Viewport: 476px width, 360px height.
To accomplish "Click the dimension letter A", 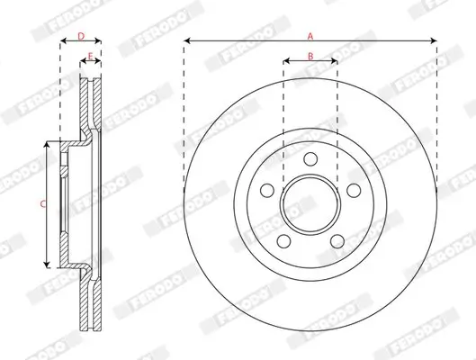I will (310, 36).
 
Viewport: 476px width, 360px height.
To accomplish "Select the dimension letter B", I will (310, 57).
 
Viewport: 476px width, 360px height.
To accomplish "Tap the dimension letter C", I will (42, 205).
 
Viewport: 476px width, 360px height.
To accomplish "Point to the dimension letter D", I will (80, 36).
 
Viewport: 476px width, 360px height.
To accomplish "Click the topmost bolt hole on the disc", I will (310, 158).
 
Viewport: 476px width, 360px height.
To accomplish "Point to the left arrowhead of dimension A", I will (186, 41).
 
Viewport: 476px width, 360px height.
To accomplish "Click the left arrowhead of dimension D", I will (63, 41).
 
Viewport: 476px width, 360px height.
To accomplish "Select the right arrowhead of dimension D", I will (98, 41).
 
